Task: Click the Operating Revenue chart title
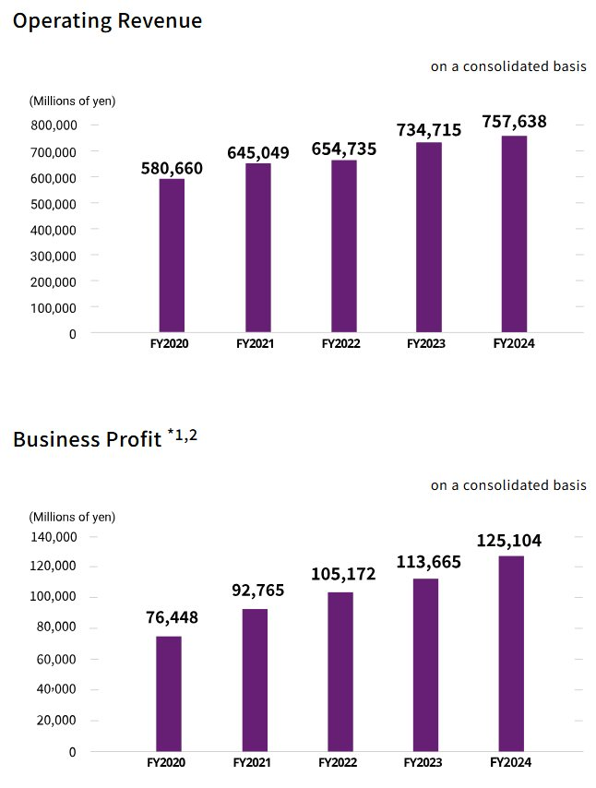107,20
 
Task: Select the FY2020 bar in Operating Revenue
172,256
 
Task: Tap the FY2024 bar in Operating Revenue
514,234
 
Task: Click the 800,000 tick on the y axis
54,125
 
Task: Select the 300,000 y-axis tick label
54,255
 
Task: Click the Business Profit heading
87,439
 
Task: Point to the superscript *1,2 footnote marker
182,434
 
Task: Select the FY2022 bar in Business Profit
340,672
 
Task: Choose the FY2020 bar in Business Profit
169,694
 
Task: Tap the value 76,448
172,617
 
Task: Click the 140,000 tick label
54,536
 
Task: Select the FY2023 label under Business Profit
424,763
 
